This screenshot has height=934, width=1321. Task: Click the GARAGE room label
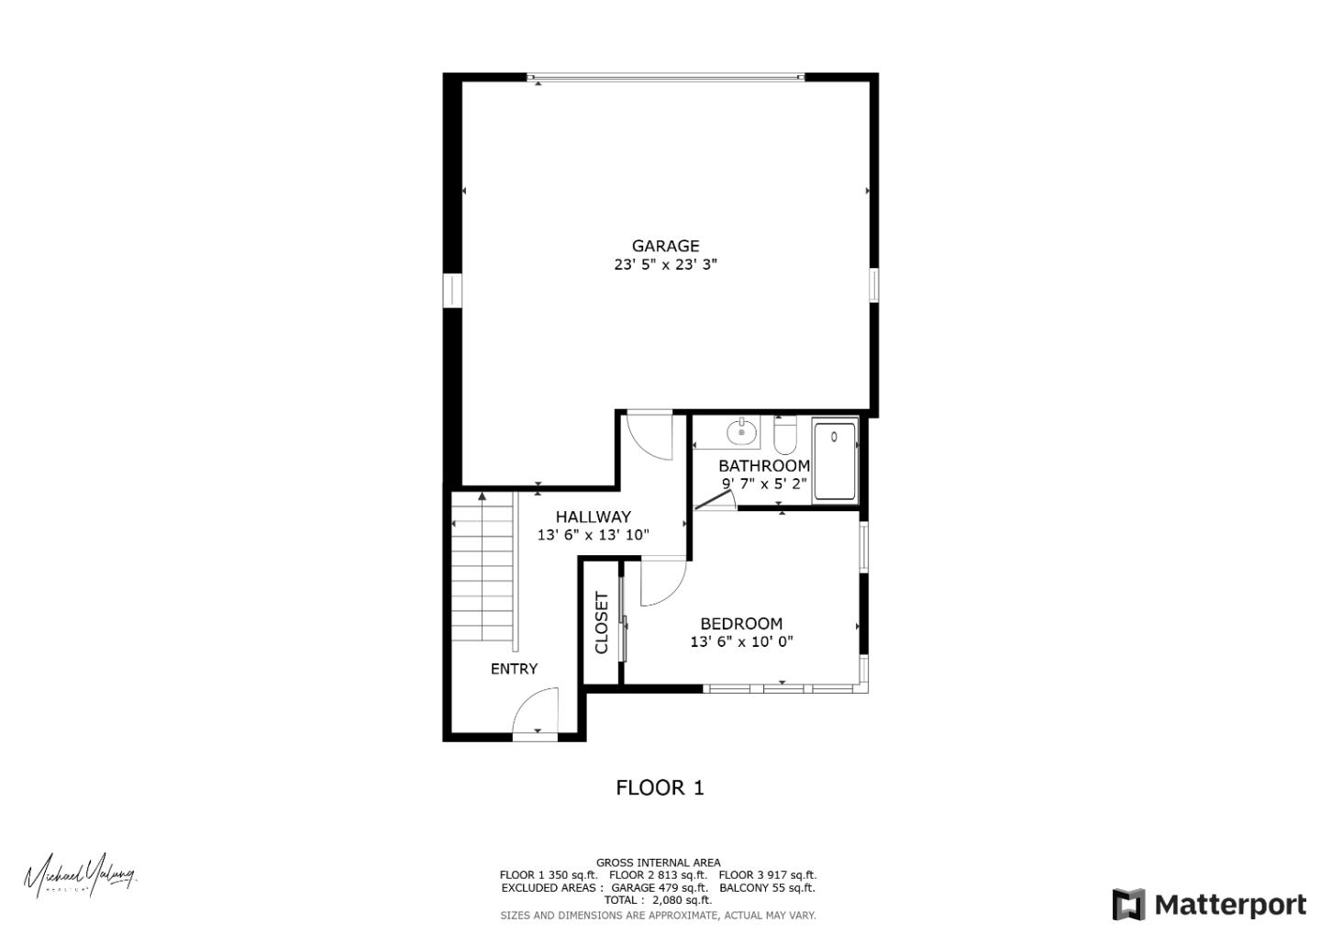coord(665,246)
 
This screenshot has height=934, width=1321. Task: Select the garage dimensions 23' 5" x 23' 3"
coord(665,265)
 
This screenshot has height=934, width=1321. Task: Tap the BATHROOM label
coord(763,466)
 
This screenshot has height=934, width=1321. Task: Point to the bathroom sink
coord(740,430)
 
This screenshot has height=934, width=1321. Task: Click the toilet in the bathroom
coord(785,436)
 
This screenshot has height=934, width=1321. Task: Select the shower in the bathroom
coord(835,461)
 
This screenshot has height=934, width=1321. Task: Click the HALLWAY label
coord(593,517)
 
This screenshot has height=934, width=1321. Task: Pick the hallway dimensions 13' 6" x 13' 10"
coord(593,535)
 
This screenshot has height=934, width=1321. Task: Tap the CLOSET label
coord(602,623)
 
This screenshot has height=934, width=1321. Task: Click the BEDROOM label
coord(741,624)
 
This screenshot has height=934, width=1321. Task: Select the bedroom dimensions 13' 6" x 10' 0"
coord(741,642)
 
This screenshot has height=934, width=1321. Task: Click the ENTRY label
coord(514,669)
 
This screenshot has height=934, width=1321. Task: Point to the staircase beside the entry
coord(483,569)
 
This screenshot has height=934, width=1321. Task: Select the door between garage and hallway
coord(649,437)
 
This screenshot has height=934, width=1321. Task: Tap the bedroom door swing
coord(662,584)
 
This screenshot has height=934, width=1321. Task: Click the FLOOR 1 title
coord(660,787)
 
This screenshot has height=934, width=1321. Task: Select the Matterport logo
coord(1209,905)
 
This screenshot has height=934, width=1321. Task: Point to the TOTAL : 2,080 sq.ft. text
coord(658,900)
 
